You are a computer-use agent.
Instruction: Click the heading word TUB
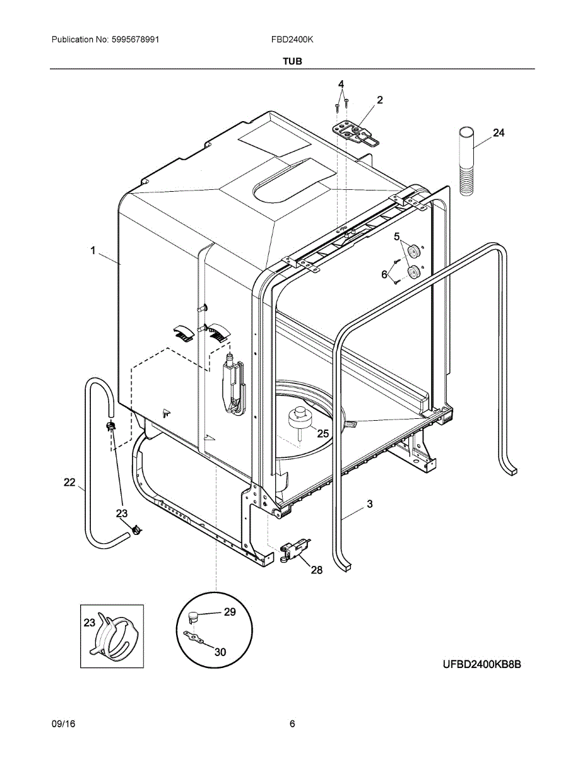[292, 61]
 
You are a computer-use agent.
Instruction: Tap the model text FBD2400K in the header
[293, 40]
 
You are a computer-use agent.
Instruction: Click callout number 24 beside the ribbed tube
[499, 133]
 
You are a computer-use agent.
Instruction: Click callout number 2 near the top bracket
[380, 100]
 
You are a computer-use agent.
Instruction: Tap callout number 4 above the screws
[341, 85]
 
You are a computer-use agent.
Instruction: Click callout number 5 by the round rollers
[397, 237]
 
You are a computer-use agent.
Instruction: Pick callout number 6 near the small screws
[384, 274]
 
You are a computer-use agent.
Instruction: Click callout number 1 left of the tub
[93, 251]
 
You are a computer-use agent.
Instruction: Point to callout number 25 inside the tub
[322, 433]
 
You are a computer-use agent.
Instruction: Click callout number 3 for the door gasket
[370, 504]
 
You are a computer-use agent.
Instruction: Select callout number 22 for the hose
[70, 483]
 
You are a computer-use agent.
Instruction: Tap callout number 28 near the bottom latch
[316, 570]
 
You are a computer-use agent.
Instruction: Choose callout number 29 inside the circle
[230, 612]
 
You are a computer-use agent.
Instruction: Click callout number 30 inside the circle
[220, 652]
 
